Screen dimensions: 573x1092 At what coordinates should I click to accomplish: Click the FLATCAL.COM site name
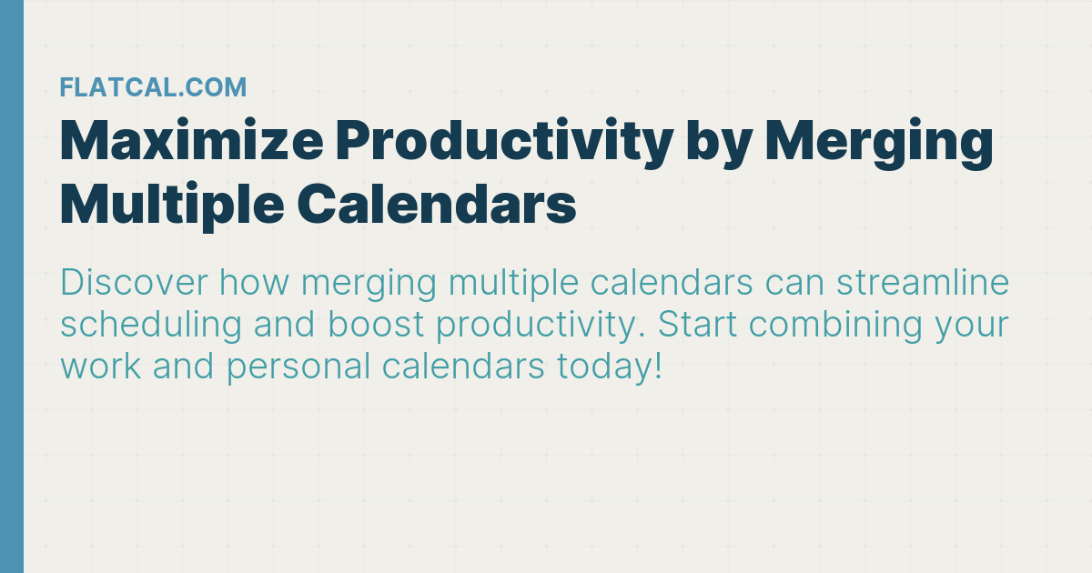(153, 87)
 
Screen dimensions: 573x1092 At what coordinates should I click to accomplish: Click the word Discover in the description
(133, 284)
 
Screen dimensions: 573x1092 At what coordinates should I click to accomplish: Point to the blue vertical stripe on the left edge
(11, 286)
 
